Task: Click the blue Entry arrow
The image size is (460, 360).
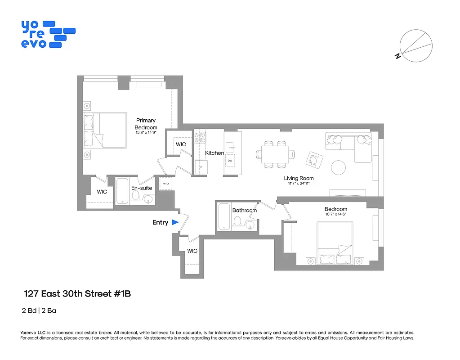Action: click(x=175, y=222)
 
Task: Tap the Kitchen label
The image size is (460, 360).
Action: click(x=214, y=153)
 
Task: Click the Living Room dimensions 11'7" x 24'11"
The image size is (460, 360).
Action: click(x=299, y=184)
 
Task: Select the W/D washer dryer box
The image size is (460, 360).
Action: click(x=165, y=184)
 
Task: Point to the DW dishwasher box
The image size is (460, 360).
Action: click(x=230, y=161)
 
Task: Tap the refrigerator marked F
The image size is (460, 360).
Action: click(x=201, y=167)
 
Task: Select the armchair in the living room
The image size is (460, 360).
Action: click(x=315, y=159)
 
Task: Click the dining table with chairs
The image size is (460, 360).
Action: click(x=276, y=154)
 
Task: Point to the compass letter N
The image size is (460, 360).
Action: click(x=397, y=56)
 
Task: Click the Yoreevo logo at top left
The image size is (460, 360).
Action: click(x=47, y=34)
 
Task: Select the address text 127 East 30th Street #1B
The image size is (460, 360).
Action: click(x=77, y=294)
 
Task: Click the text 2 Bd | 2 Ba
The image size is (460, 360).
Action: click(x=39, y=310)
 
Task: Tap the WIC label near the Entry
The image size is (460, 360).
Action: click(x=192, y=251)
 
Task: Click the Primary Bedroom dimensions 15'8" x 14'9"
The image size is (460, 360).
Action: click(x=146, y=133)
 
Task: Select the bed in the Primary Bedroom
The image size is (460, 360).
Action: click(x=104, y=130)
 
